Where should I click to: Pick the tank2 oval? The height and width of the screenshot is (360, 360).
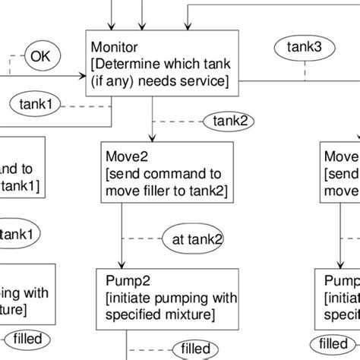[227, 120]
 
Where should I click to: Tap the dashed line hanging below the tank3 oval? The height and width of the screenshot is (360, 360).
[305, 69]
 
